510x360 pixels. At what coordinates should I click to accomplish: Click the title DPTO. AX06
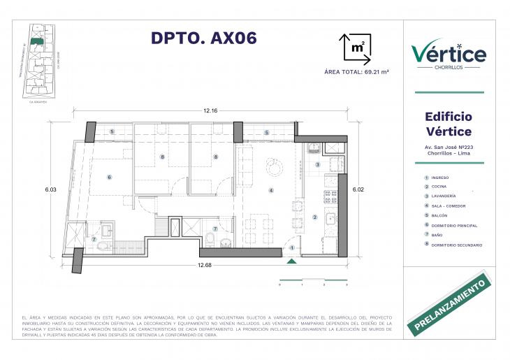tap(204, 38)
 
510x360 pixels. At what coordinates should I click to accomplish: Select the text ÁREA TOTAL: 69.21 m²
tap(357, 72)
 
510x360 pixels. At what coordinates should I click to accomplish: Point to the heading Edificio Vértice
tap(449, 124)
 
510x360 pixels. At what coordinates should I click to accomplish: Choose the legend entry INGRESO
tap(444, 178)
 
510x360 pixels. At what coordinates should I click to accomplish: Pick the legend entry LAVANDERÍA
tap(448, 196)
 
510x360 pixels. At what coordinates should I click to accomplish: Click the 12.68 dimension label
tap(205, 265)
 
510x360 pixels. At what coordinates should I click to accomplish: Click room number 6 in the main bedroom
tap(109, 178)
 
